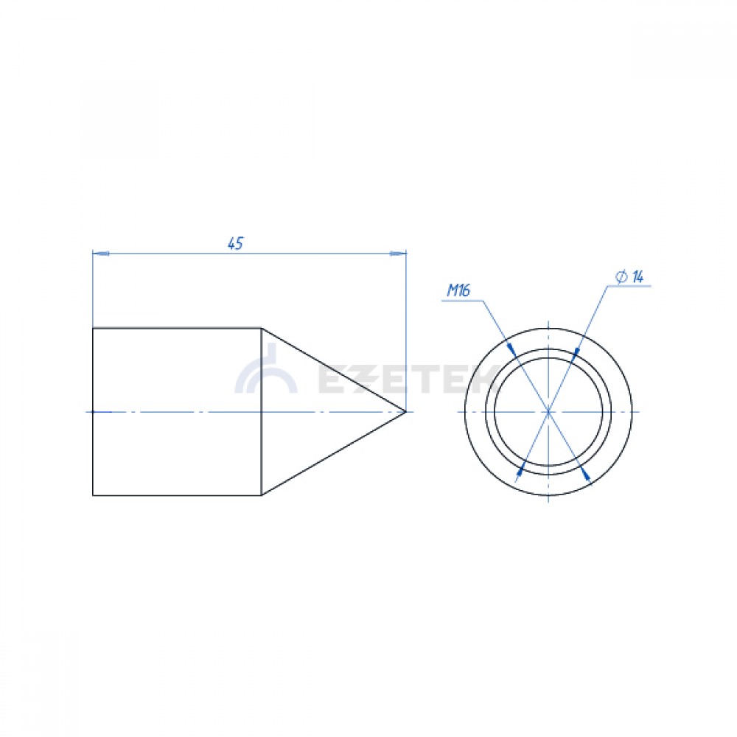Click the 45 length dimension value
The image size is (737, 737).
pyautogui.click(x=236, y=243)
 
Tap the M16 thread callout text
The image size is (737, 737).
pyautogui.click(x=458, y=291)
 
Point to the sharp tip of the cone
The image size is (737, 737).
pyautogui.click(x=405, y=412)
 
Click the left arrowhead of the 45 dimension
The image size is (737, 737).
pyautogui.click(x=101, y=254)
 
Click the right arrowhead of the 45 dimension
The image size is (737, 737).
pyautogui.click(x=399, y=254)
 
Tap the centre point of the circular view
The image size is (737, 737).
pyautogui.click(x=548, y=412)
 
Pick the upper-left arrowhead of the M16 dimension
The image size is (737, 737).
pyautogui.click(x=511, y=349)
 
